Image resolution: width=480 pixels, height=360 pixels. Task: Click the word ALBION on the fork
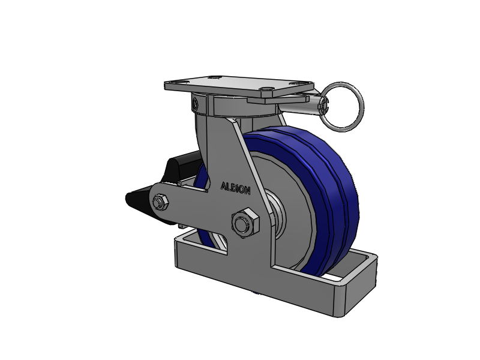(235, 188)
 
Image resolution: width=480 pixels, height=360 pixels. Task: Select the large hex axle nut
(245, 223)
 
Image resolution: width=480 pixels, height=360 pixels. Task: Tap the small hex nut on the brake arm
(160, 202)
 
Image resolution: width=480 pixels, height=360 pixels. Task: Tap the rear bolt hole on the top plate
(214, 77)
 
